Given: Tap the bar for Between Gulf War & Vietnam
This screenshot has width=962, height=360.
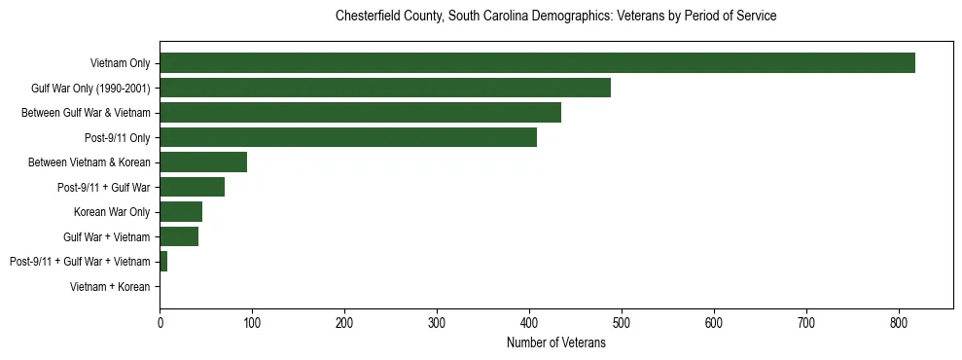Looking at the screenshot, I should [x=360, y=113].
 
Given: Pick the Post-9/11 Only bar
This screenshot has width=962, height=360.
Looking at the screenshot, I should [x=348, y=137].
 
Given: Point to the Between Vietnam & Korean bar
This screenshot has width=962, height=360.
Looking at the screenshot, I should [x=203, y=162].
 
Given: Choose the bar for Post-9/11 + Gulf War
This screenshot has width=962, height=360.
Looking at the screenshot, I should [x=192, y=187].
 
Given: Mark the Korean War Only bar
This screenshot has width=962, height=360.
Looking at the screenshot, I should [x=181, y=212].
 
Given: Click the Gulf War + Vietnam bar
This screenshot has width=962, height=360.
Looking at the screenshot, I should [x=179, y=236].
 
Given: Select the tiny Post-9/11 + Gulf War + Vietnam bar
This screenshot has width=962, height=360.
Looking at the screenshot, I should [x=163, y=262].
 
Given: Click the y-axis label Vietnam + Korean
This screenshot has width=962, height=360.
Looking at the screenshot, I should [x=110, y=287].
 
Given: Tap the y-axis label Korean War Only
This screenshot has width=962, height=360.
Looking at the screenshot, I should [x=111, y=212].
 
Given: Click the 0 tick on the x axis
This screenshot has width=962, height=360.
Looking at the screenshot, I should [x=160, y=323].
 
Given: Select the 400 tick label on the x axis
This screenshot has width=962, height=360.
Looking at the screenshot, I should [x=529, y=323].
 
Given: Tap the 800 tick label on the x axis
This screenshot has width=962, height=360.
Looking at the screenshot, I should [x=899, y=323].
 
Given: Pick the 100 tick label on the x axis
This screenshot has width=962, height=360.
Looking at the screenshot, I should [x=252, y=323].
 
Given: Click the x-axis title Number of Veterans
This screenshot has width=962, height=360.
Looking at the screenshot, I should [x=555, y=342].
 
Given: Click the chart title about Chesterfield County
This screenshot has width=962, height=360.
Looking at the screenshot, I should [x=555, y=17].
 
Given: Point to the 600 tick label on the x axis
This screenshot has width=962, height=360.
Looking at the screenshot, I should [x=714, y=323].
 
